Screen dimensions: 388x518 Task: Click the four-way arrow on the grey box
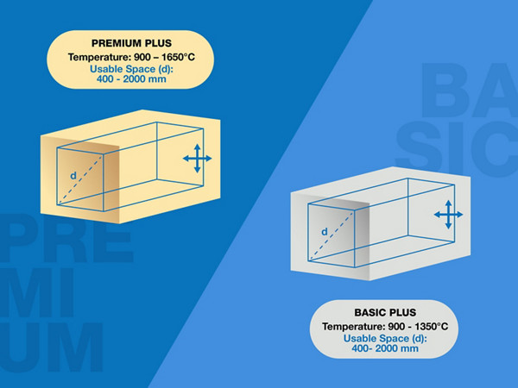[x=447, y=214]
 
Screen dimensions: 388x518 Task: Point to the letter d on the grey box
[x=325, y=231]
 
